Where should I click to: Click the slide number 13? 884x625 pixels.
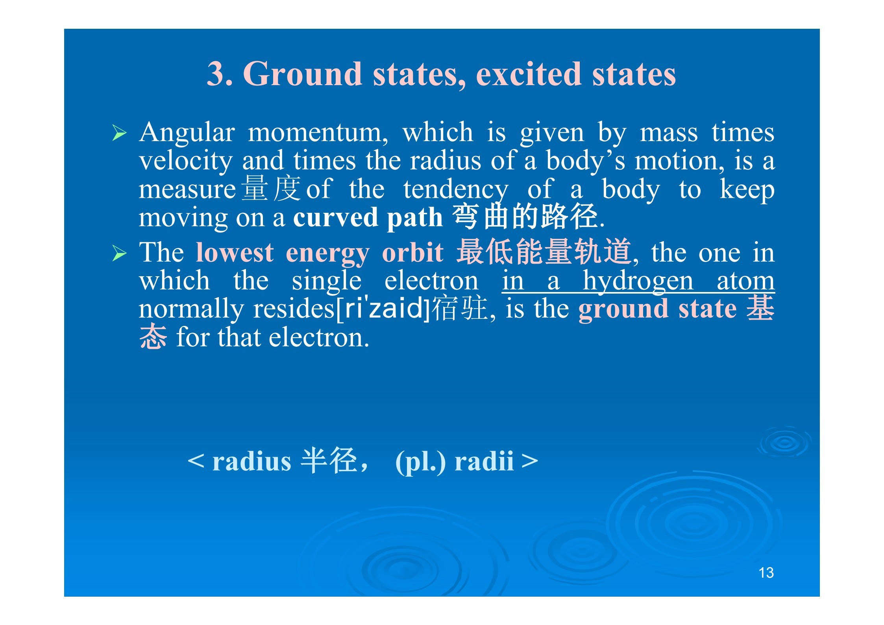tap(766, 573)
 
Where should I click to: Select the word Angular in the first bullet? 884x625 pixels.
tap(187, 133)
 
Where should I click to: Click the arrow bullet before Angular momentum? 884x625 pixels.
tap(119, 133)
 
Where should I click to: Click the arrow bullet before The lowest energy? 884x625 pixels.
tap(119, 253)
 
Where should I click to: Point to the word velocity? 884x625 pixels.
tap(186, 161)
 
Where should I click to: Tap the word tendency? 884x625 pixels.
tap(456, 190)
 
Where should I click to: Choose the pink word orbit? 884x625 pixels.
tap(413, 252)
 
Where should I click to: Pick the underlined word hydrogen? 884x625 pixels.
tap(638, 281)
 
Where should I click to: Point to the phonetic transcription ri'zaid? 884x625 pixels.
tap(383, 308)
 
